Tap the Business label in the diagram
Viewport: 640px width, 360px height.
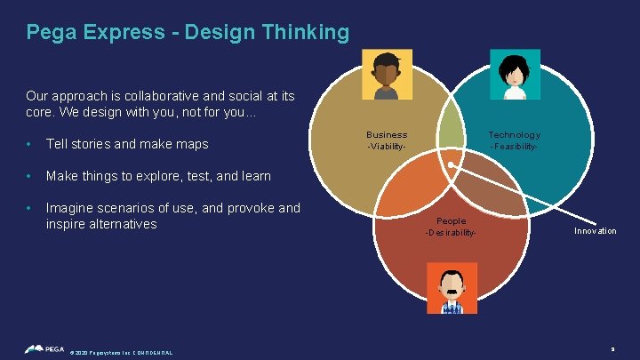coord(387,134)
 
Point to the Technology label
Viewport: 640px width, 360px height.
coord(514,134)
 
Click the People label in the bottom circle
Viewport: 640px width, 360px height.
coord(451,220)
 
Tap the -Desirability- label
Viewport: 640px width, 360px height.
coord(451,233)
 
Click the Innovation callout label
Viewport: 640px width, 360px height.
coord(595,231)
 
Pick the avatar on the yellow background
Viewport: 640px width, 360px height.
coord(388,74)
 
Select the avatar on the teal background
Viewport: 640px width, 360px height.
coord(515,74)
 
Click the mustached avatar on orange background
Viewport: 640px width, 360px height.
coord(452,288)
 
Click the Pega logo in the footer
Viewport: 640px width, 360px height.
coord(44,349)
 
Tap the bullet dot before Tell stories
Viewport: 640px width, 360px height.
coord(29,145)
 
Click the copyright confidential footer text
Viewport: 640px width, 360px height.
coord(121,353)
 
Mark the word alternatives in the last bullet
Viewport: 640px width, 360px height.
coord(119,224)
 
